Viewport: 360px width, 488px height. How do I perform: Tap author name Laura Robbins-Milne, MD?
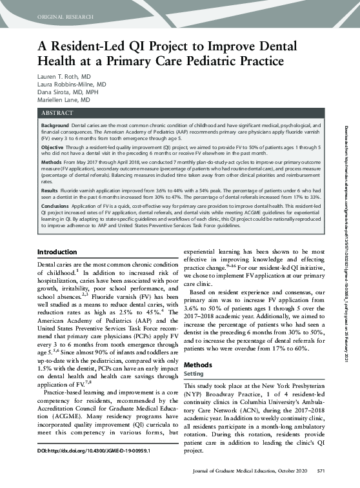point(72,85)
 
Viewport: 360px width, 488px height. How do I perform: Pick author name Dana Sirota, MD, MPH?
point(66,93)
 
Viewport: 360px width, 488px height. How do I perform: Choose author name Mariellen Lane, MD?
point(65,101)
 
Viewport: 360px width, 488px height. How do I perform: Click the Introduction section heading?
point(59,251)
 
